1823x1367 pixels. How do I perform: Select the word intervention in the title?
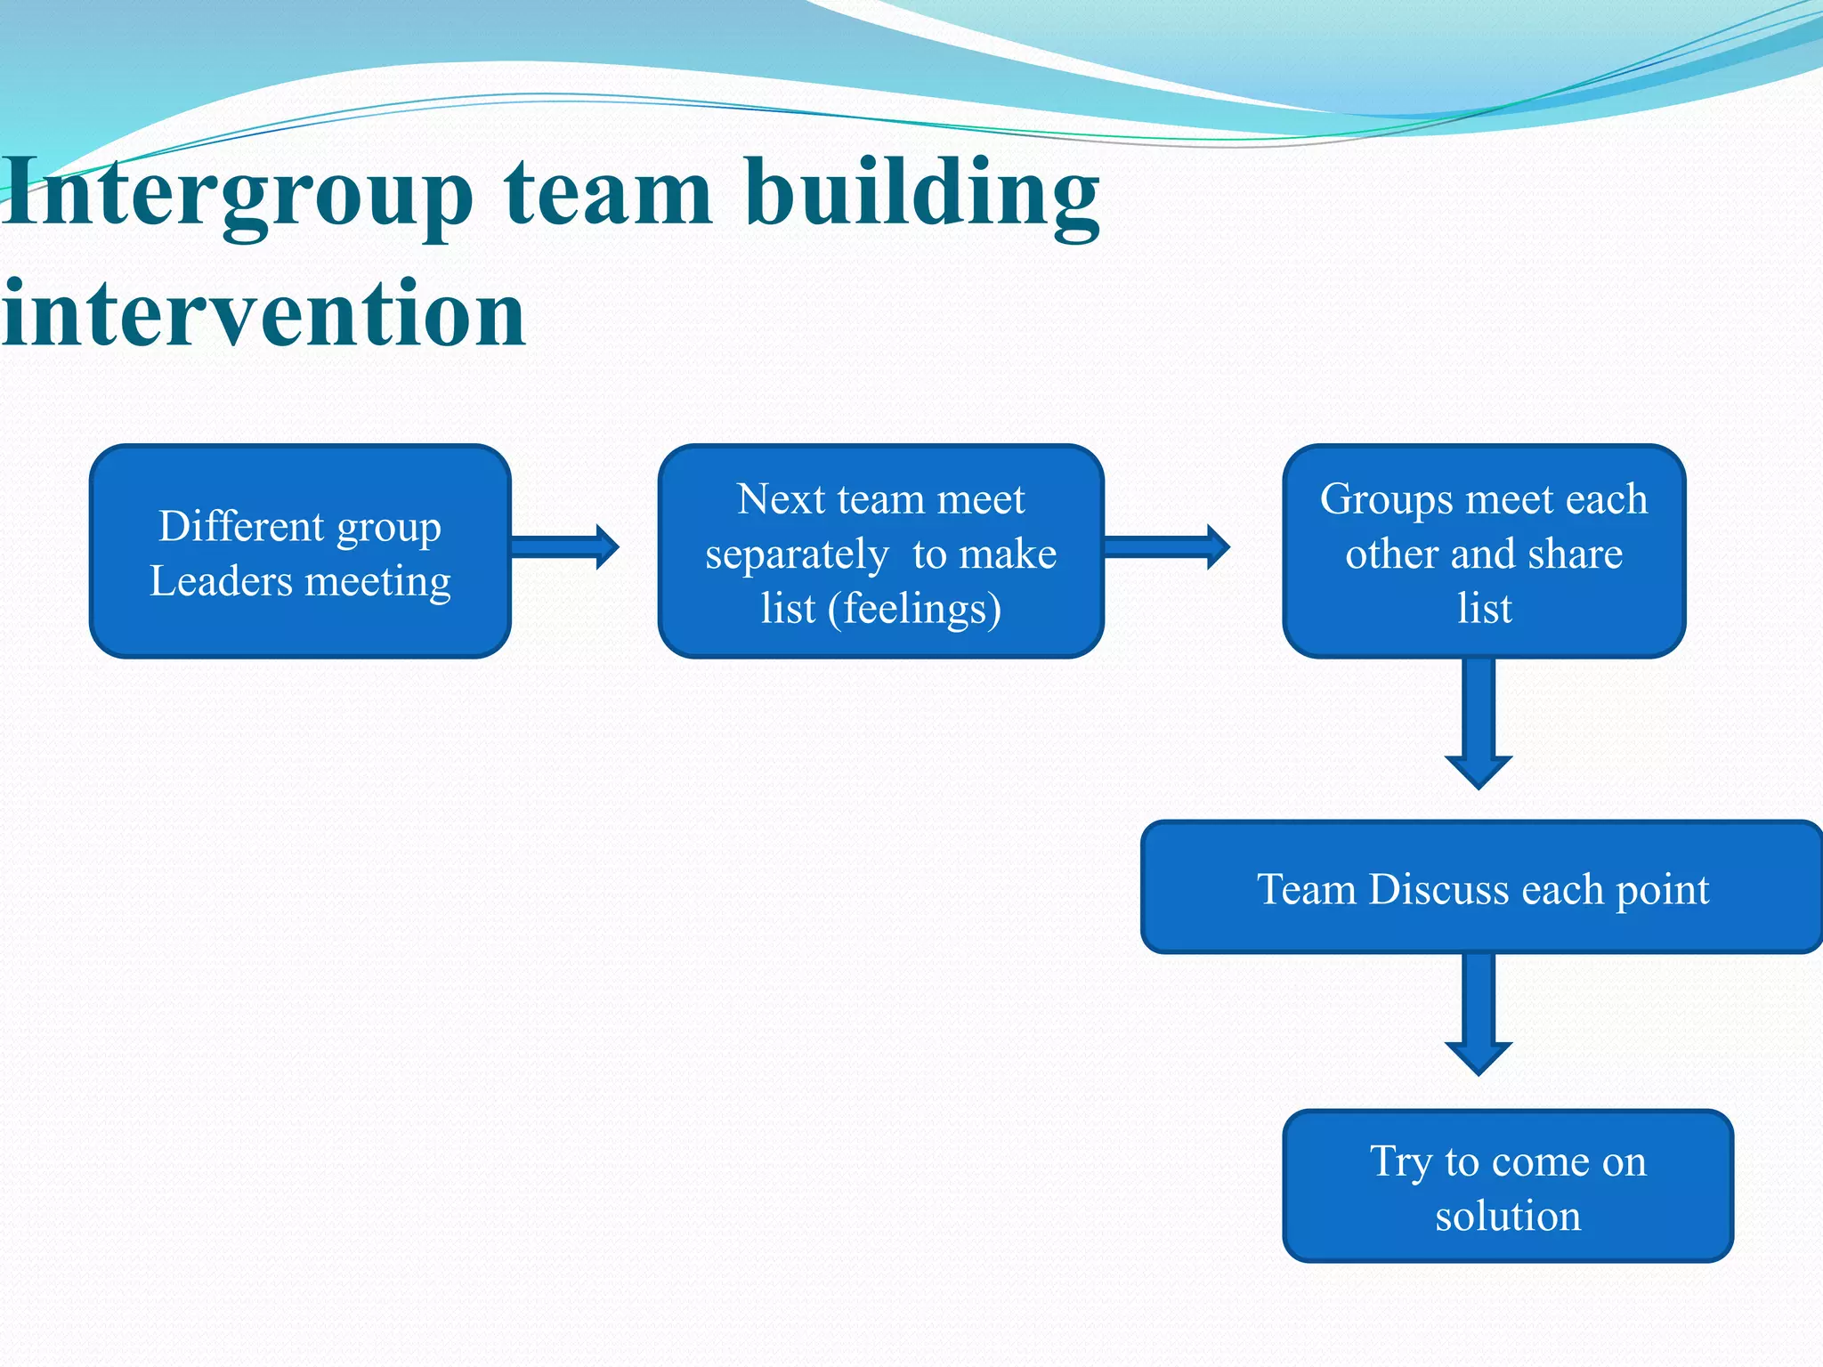263,313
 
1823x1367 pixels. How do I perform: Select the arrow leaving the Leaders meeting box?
564,546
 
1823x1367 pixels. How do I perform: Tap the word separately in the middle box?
797,554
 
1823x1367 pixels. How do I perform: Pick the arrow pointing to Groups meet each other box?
1166,546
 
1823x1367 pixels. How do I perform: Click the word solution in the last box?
1508,1216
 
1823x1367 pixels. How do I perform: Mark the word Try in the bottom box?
1400,1161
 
